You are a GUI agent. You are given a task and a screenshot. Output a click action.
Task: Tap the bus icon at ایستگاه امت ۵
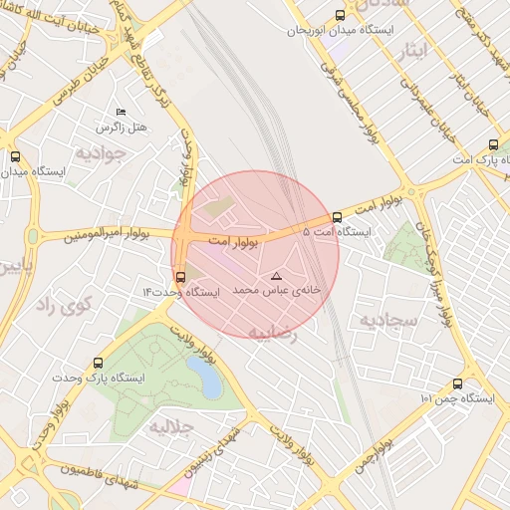[x=337, y=216]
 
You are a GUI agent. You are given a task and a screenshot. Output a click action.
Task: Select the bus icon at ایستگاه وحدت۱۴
[x=179, y=277]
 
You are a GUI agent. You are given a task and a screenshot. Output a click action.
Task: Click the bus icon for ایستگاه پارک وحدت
[x=97, y=363]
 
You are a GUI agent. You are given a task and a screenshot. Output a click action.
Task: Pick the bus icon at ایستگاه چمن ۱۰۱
[x=457, y=383]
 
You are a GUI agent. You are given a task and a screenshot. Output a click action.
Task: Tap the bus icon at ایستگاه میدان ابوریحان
[x=341, y=15]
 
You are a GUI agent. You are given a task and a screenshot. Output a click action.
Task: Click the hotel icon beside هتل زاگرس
[x=122, y=112]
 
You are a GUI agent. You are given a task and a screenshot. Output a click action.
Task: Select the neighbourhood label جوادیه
[x=101, y=153]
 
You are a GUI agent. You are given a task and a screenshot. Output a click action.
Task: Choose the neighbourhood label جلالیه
[x=170, y=428]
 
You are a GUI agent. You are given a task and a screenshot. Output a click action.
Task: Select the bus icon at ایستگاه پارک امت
[x=492, y=143]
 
